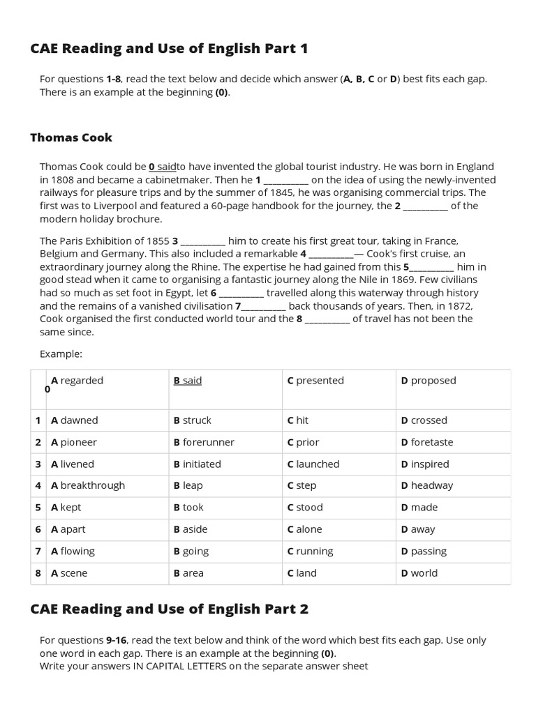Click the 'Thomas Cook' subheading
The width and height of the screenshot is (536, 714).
click(70, 137)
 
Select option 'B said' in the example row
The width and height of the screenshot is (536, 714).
click(188, 381)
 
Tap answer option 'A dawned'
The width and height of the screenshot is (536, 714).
click(75, 420)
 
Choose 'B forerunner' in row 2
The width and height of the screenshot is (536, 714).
click(204, 442)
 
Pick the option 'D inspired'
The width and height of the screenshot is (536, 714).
click(425, 464)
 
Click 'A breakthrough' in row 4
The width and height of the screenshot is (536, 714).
click(88, 485)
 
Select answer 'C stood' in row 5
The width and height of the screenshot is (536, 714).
click(305, 508)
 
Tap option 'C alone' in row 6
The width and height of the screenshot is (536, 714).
click(304, 529)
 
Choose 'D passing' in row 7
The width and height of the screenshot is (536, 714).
click(424, 551)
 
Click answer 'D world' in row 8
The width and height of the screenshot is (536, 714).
click(419, 573)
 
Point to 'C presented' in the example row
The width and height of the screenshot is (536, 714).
click(315, 381)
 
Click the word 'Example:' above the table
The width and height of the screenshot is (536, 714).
click(61, 354)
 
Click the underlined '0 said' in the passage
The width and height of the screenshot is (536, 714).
click(163, 167)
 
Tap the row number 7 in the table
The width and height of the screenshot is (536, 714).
click(38, 552)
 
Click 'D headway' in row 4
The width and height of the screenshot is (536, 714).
click(427, 485)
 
